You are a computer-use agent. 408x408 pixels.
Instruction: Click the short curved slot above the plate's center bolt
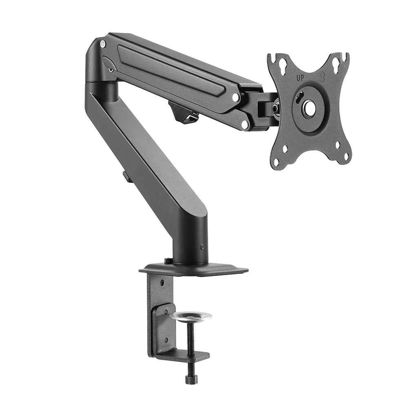(299, 98)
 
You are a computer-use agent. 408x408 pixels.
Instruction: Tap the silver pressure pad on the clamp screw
(191, 316)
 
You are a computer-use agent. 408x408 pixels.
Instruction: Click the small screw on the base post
(202, 246)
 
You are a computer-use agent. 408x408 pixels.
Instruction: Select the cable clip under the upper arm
(183, 112)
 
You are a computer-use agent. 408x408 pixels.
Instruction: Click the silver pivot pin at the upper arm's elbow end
(103, 44)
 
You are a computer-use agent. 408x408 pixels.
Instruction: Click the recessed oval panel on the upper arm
(171, 69)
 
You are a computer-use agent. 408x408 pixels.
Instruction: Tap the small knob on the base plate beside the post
(167, 260)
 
